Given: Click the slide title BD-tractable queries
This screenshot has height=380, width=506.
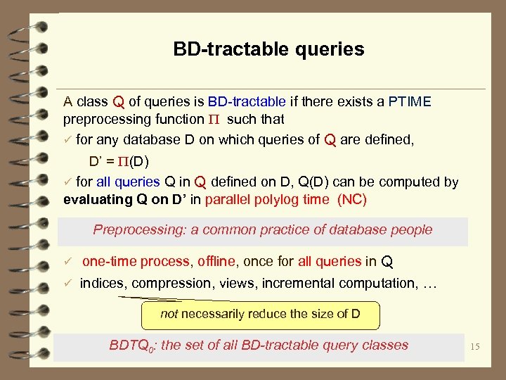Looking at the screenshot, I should tap(268, 49).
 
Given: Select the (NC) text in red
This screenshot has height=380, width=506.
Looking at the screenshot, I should tap(352, 199).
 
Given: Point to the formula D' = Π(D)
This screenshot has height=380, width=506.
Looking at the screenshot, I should tap(118, 160).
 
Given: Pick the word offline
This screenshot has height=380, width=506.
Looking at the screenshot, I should tap(216, 262).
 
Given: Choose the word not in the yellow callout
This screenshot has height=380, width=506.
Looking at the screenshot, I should tap(169, 314).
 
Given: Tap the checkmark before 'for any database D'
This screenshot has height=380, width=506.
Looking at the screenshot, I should tap(68, 139).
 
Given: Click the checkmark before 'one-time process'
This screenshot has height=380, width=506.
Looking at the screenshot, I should tap(68, 262).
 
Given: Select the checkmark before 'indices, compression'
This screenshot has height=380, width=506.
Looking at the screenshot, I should tap(68, 283).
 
